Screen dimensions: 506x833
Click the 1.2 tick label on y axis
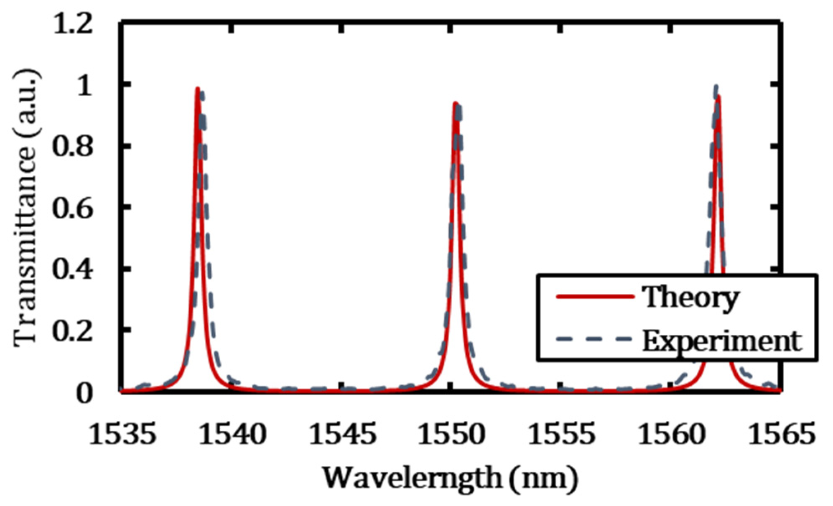[x=72, y=24]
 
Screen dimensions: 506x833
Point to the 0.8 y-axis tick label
[x=72, y=147]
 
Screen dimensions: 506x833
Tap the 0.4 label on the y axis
[x=72, y=270]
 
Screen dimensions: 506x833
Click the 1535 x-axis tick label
[x=122, y=434]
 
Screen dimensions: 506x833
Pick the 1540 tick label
[x=232, y=434]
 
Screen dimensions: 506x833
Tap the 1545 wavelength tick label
[x=342, y=434]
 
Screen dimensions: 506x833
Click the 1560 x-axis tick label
[x=671, y=434]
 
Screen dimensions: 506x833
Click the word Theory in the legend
[x=690, y=298]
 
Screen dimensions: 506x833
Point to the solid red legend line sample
[x=595, y=296]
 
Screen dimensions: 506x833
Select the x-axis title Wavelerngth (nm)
[x=450, y=478]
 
